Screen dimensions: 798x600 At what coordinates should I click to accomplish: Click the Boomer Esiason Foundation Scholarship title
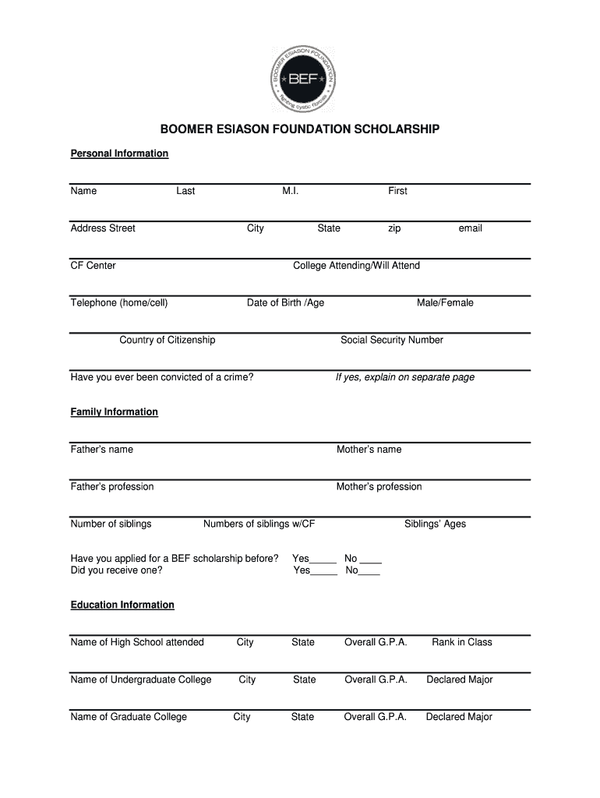[x=300, y=129]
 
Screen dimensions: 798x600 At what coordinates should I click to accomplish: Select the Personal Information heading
[x=119, y=154]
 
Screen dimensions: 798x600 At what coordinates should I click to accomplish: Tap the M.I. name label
[x=290, y=191]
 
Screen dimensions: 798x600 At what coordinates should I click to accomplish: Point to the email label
[x=470, y=228]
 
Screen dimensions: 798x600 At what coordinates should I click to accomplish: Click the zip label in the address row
[x=394, y=228]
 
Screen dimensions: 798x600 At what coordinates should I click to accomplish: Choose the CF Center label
[x=93, y=266]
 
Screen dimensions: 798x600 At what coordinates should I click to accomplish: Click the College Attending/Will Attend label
[x=356, y=266]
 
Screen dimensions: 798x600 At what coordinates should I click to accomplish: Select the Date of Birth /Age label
[x=285, y=303]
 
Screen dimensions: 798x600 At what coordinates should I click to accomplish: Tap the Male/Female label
[x=445, y=303]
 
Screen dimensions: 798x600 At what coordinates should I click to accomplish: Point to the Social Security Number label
[x=391, y=341]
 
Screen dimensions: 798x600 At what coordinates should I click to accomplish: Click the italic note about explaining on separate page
[x=404, y=378]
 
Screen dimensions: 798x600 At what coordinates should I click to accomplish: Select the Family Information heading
[x=114, y=412]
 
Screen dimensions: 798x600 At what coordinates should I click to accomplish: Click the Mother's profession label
[x=379, y=487]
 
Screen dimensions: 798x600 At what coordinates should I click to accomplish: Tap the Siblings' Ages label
[x=435, y=524]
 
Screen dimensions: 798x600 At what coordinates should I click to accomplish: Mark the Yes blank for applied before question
[x=323, y=560]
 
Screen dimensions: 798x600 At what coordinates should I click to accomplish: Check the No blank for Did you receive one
[x=370, y=571]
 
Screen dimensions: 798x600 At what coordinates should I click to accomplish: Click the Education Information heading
[x=122, y=606]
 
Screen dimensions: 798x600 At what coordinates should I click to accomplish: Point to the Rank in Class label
[x=462, y=643]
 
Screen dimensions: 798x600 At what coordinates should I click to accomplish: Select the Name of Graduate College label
[x=129, y=718]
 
